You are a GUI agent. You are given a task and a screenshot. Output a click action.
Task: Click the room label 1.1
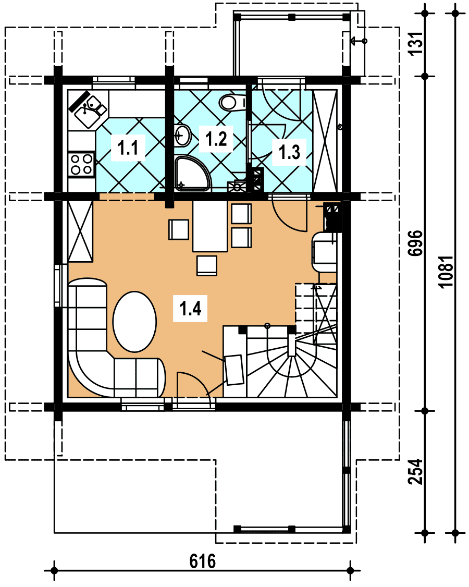click(128, 148)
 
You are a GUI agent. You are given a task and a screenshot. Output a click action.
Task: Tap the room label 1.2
click(216, 139)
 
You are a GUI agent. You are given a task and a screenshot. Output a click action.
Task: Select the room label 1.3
click(289, 152)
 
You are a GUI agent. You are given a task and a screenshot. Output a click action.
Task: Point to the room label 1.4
click(190, 308)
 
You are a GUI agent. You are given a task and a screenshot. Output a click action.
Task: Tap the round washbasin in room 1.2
click(182, 135)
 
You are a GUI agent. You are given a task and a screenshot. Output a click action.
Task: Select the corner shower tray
click(192, 173)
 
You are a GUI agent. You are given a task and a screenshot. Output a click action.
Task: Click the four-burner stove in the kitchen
click(81, 164)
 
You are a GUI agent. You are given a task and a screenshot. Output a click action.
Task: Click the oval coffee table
click(134, 321)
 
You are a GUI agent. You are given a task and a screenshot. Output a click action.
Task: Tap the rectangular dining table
click(210, 226)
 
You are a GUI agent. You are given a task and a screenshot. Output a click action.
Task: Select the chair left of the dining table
click(179, 229)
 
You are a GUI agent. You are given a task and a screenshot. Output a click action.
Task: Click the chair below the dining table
click(207, 266)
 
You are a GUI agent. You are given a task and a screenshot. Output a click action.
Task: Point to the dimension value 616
click(203, 561)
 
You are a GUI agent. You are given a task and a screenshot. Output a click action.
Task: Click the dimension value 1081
click(446, 272)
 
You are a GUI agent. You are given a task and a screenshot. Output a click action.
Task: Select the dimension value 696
click(415, 243)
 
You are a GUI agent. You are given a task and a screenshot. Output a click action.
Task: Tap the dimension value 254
click(415, 472)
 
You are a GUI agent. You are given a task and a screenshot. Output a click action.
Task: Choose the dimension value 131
click(415, 44)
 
